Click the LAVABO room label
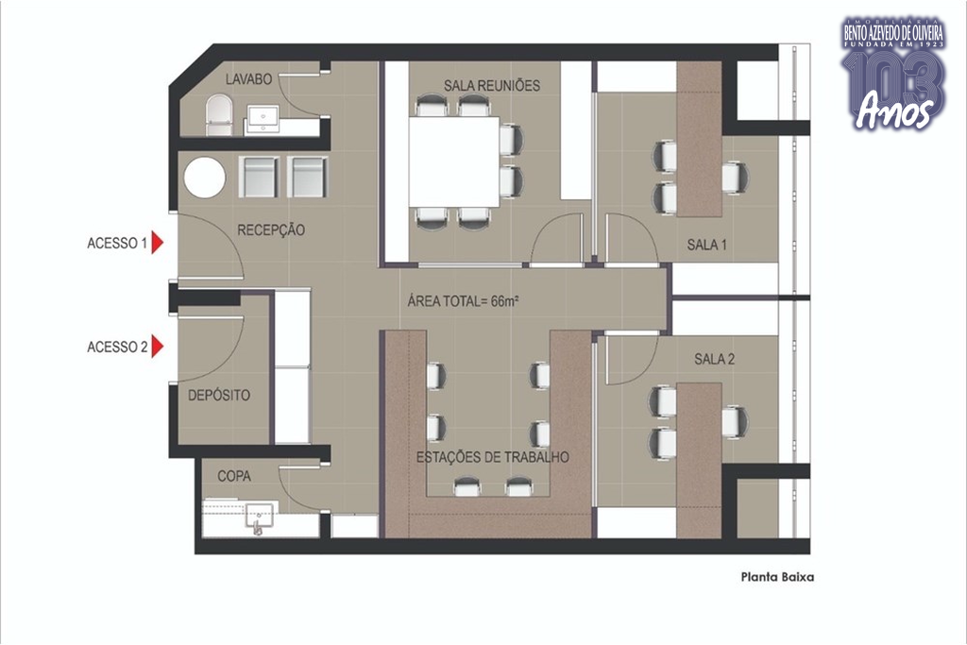click(x=248, y=79)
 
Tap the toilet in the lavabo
click(x=219, y=114)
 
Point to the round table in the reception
click(x=205, y=178)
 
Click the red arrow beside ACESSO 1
click(x=158, y=243)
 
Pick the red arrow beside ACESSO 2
click(x=158, y=347)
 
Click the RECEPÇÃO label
click(x=271, y=230)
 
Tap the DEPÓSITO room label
click(x=219, y=396)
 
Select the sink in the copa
click(x=260, y=517)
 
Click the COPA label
click(x=234, y=476)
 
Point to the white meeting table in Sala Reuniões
click(x=454, y=161)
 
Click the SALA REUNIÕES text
click(x=492, y=85)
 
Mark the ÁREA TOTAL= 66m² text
click(x=463, y=301)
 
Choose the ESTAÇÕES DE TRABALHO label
click(x=493, y=457)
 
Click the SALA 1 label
click(x=706, y=245)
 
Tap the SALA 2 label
click(x=714, y=359)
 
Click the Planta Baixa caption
click(x=778, y=577)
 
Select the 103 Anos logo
click(x=893, y=74)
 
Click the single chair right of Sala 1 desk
click(x=735, y=177)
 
